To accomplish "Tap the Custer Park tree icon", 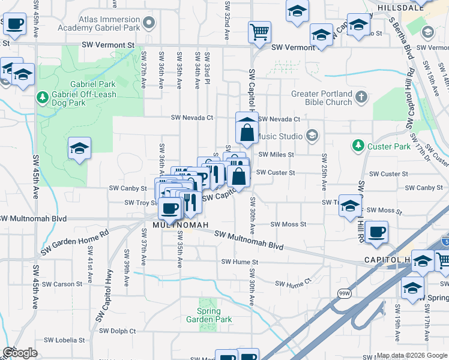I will click(x=358, y=146).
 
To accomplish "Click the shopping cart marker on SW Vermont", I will click(x=259, y=32).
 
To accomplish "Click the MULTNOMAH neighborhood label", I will click(x=180, y=225).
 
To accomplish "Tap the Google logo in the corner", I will click(x=20, y=353).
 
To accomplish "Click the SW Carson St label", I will click(x=63, y=284).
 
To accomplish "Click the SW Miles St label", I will click(x=276, y=154).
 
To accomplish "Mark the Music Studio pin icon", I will click(x=311, y=136).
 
